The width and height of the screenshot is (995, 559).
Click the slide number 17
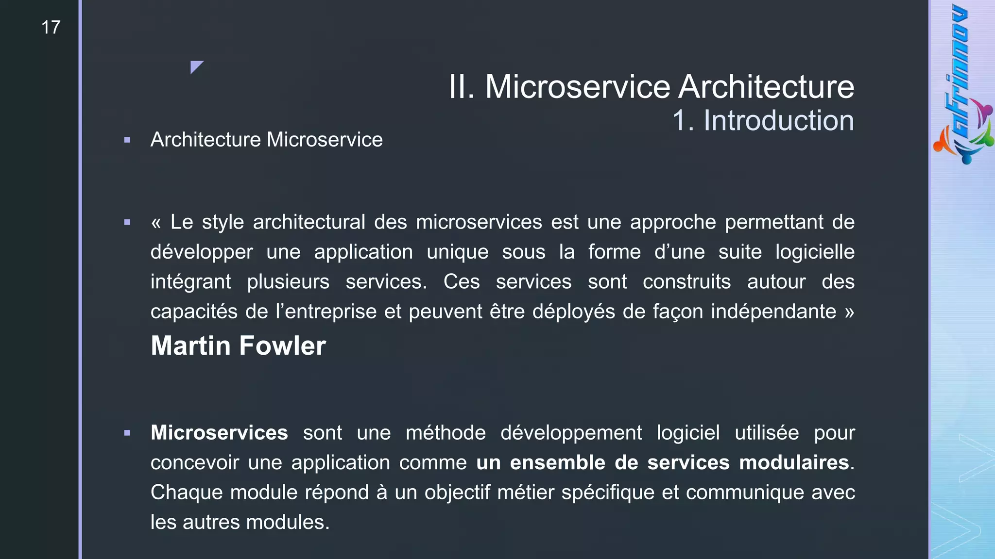51,28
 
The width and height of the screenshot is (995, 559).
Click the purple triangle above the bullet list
195,66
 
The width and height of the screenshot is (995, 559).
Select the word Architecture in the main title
766,87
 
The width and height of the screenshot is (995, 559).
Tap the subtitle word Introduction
778,120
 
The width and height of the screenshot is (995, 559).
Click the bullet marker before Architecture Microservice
127,140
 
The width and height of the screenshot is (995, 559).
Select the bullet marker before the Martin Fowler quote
127,223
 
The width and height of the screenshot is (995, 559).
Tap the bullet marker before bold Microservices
127,433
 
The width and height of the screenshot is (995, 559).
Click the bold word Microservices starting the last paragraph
219,433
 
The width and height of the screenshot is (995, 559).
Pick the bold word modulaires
794,462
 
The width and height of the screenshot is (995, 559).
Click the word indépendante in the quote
773,312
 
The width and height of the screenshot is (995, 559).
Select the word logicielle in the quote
814,252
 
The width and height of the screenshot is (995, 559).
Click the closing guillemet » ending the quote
849,312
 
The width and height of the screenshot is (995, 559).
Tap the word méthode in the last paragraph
446,433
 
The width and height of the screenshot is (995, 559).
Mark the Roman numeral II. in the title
461,87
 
